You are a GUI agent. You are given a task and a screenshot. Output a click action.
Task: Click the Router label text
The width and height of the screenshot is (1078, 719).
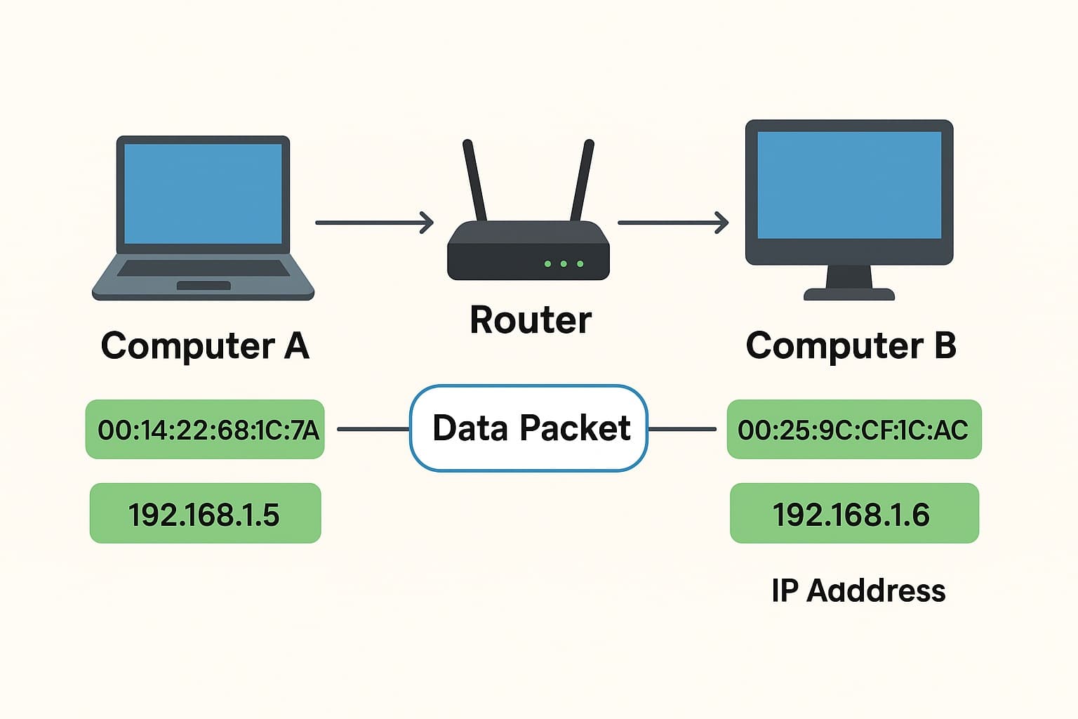point(531,320)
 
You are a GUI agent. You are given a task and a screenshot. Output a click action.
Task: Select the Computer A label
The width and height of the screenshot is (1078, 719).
point(205,345)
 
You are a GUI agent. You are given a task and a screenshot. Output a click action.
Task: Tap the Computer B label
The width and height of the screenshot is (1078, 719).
point(851,345)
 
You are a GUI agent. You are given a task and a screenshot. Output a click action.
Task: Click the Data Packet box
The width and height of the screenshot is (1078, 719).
point(528,428)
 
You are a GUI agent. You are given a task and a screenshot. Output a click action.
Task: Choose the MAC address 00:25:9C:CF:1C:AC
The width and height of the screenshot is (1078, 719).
point(853,430)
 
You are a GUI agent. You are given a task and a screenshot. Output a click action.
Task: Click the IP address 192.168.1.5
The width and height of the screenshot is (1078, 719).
point(205,514)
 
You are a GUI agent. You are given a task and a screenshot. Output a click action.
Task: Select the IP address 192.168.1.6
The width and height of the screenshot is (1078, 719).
point(853,514)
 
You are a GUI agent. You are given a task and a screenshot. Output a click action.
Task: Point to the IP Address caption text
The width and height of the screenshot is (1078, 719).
point(858,591)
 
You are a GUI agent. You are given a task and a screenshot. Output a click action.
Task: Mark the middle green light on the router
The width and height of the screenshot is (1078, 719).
point(564,264)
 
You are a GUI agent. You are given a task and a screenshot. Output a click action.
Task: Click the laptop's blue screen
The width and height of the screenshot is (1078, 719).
point(203,194)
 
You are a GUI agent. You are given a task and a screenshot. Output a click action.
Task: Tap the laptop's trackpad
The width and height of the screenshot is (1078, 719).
point(204,286)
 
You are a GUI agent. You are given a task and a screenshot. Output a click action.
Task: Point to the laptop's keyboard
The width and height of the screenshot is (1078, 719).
point(204,268)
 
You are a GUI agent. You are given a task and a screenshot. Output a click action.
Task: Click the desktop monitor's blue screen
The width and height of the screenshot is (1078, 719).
point(849,185)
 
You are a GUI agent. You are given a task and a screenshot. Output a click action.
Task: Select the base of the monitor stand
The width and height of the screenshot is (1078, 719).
point(849,294)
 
